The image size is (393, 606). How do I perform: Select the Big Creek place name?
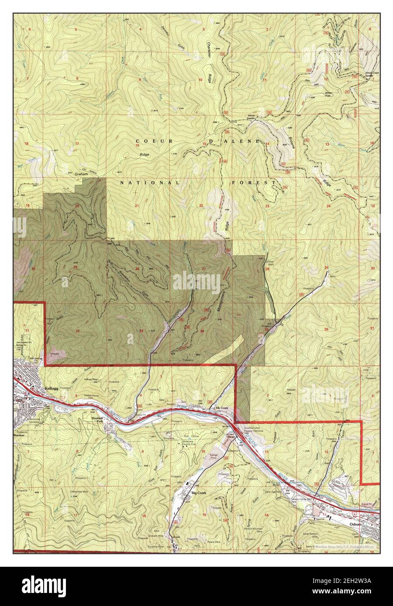[199, 493]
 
